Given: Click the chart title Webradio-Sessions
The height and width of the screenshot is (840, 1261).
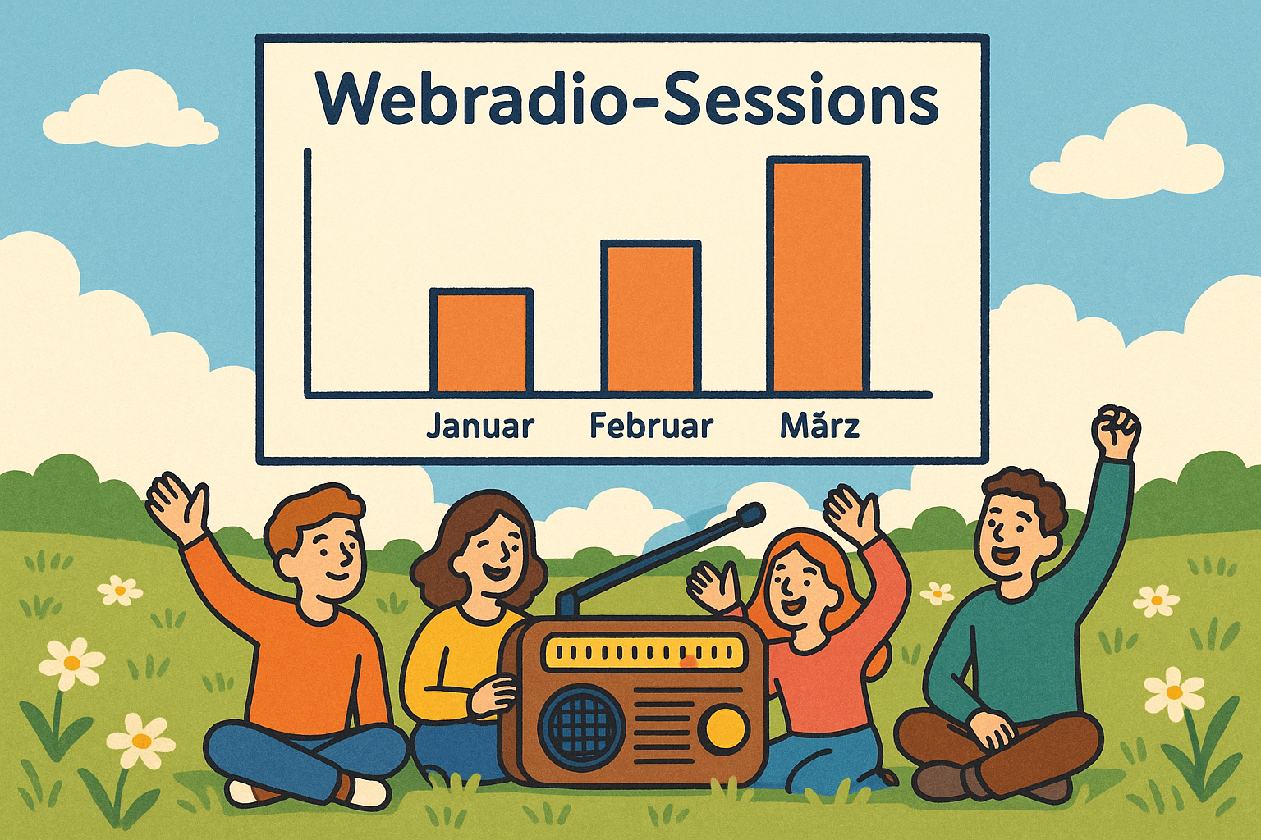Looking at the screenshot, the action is pyautogui.click(x=627, y=99).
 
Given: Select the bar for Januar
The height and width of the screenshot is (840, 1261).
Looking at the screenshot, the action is pyautogui.click(x=481, y=341).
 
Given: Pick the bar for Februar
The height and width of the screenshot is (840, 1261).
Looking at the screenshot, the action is pyautogui.click(x=651, y=317).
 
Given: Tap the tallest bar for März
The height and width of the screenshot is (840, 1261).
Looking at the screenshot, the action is pyautogui.click(x=818, y=275).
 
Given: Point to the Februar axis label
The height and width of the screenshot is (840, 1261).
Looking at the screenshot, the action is pyautogui.click(x=651, y=426).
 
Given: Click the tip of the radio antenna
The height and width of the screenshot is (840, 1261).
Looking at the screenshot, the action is pyautogui.click(x=753, y=514).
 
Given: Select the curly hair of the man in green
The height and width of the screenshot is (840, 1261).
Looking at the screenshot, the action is pyautogui.click(x=1019, y=491).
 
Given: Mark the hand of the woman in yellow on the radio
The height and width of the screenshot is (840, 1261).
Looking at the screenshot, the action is pyautogui.click(x=495, y=696).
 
